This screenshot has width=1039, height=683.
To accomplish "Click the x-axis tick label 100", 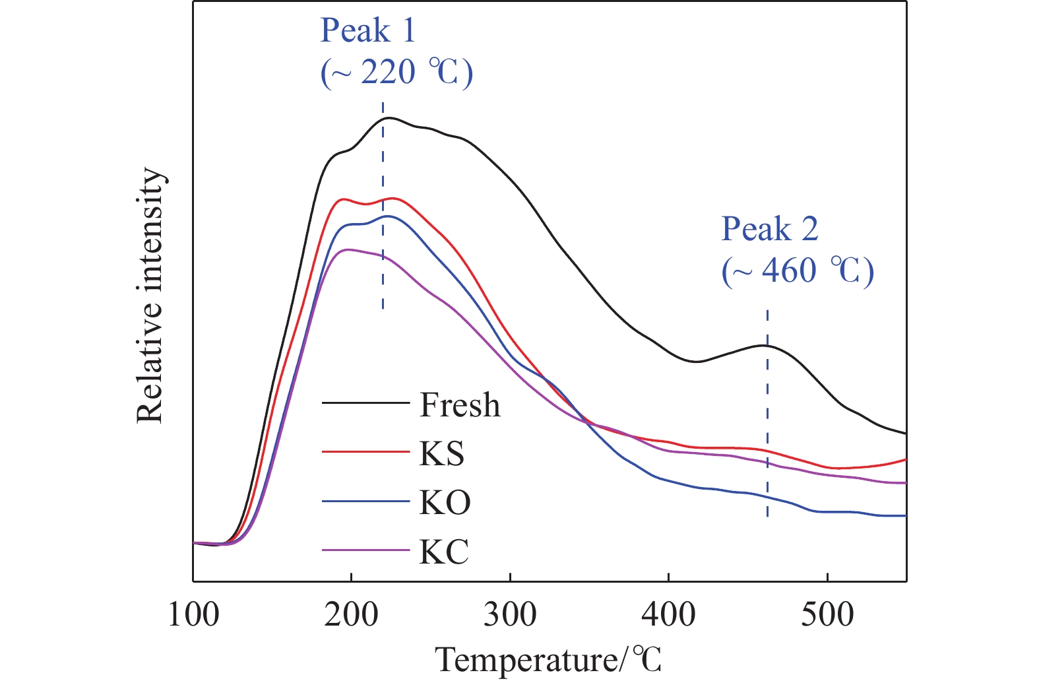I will pos(193,615).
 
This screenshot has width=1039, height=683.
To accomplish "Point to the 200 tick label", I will pos(352,615).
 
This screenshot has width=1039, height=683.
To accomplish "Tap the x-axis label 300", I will pos(510,615).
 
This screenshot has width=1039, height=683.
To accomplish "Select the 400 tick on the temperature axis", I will pos(669,615).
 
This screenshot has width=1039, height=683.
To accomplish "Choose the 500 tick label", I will pos(827,615).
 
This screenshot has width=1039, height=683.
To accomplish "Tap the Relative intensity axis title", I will pos(150,295).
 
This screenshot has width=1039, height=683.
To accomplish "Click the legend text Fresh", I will pos(460,405).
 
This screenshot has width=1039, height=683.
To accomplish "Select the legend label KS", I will pos(442,453).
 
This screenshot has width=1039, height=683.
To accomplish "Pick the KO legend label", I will pos(445,502).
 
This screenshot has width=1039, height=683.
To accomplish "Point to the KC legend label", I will pos(444,551).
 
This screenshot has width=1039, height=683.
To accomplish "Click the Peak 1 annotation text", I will pos(367,30).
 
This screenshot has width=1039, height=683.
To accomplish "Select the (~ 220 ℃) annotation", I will pos(396,72).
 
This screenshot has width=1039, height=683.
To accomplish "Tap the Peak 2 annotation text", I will pos(769,229).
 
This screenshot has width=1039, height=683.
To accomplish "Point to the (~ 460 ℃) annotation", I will pos(798,271).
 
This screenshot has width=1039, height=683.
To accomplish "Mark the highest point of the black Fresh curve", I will pos(389,118).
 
